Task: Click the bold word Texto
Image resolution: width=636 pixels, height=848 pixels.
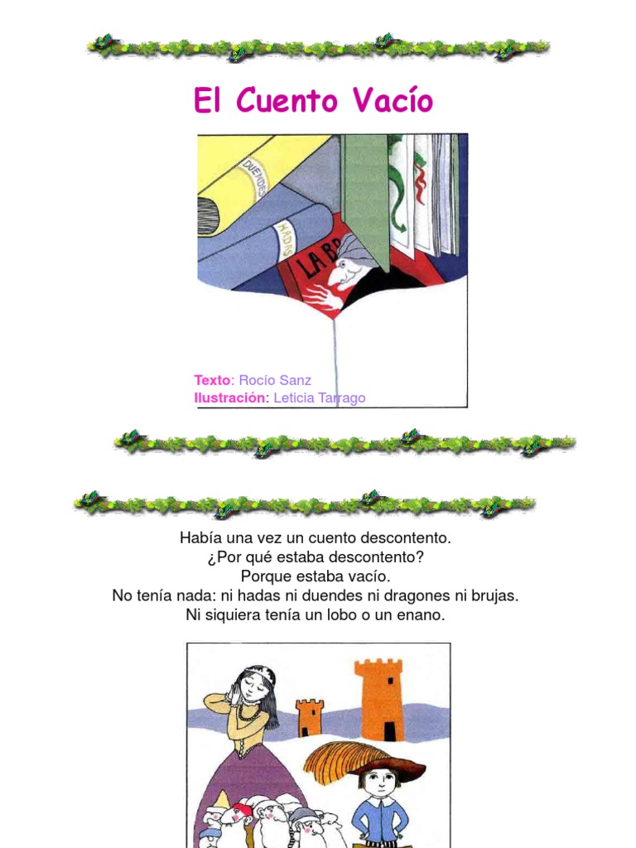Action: tap(212, 380)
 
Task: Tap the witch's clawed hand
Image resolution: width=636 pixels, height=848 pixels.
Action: tap(320, 296)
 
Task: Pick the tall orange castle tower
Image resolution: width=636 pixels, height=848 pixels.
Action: tap(378, 700)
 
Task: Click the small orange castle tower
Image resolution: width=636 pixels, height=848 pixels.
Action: tap(310, 717)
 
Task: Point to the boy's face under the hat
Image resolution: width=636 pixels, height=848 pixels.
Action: tap(379, 780)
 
